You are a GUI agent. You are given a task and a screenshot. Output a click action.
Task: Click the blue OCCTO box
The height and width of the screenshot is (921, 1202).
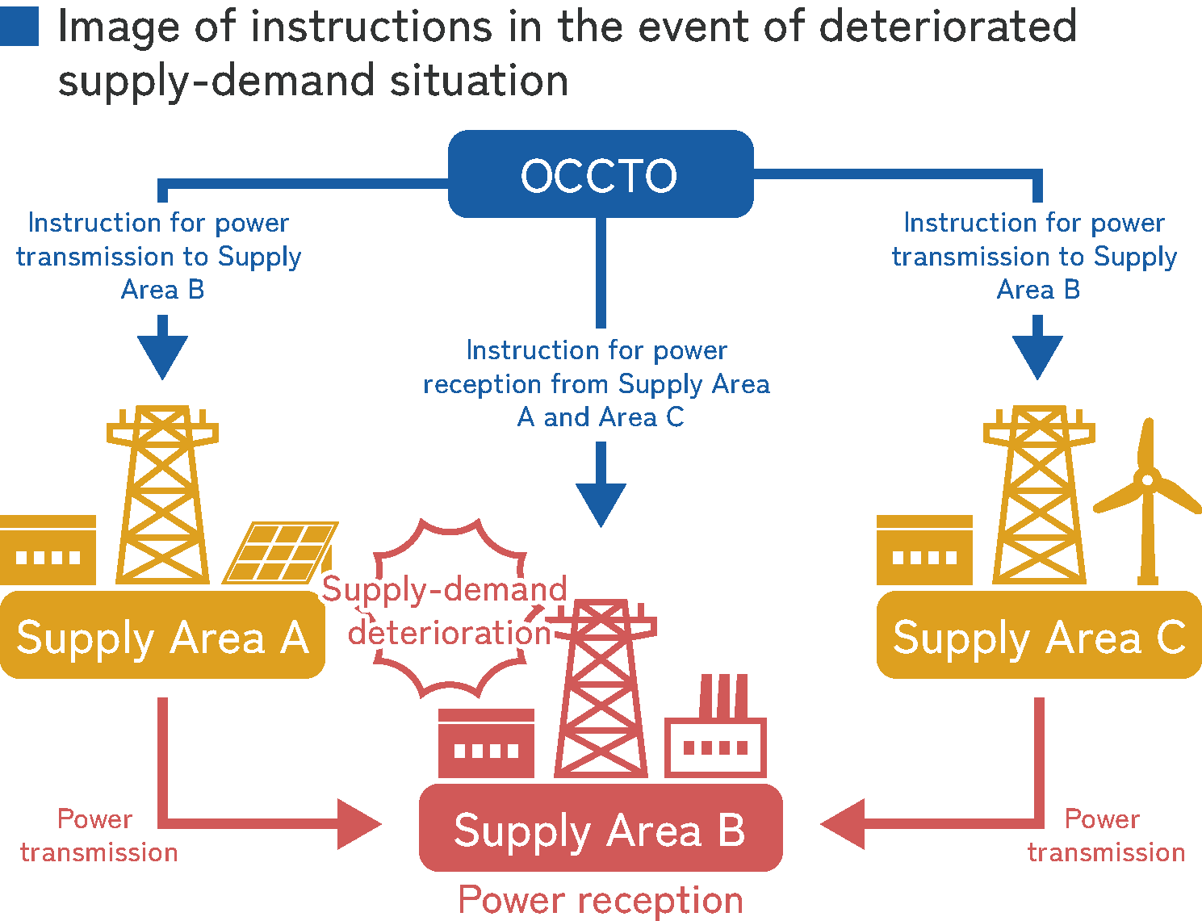click(x=601, y=174)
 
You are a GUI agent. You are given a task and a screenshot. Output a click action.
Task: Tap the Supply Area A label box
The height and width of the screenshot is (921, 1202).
click(x=162, y=636)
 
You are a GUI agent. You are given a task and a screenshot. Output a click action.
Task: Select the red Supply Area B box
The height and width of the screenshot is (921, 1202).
click(x=601, y=829)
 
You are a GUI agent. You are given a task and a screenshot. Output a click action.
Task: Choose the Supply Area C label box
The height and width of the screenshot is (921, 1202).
click(x=1038, y=636)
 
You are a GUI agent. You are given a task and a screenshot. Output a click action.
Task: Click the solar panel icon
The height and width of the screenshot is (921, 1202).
click(x=280, y=553)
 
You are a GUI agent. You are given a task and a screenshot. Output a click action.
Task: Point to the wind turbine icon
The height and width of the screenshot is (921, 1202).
click(x=1147, y=500)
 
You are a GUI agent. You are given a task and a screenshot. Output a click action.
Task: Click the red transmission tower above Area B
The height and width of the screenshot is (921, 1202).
click(x=601, y=686)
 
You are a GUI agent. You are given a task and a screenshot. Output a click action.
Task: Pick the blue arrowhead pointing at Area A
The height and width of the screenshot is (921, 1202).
click(x=162, y=356)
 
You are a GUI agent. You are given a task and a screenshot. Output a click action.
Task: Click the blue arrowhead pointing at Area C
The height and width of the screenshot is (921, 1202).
click(x=1037, y=356)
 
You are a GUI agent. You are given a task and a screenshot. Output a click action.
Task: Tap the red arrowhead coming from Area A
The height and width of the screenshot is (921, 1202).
click(x=358, y=824)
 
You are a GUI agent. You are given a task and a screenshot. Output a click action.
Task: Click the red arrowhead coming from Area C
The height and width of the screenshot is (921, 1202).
click(x=844, y=824)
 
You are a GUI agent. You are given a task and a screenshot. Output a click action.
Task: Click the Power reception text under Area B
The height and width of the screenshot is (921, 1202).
click(x=601, y=899)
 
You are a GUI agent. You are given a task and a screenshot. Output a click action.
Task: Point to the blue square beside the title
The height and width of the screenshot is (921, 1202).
click(x=19, y=26)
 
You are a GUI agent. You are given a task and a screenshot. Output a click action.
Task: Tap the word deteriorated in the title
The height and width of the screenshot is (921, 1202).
click(x=947, y=26)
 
